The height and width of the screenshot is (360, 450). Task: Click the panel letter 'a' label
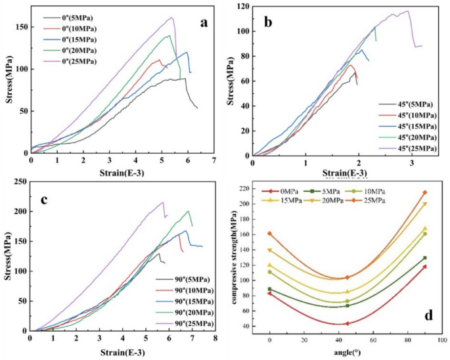point(204,22)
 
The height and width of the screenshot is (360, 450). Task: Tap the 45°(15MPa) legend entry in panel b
point(407,125)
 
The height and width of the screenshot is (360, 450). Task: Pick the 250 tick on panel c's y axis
point(19,181)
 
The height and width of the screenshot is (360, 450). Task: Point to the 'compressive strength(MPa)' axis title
point(234,263)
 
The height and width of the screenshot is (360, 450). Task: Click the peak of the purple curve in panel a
point(171,18)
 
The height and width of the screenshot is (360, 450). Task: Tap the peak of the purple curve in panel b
point(407,11)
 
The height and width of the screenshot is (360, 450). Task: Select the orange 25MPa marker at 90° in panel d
point(425,192)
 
